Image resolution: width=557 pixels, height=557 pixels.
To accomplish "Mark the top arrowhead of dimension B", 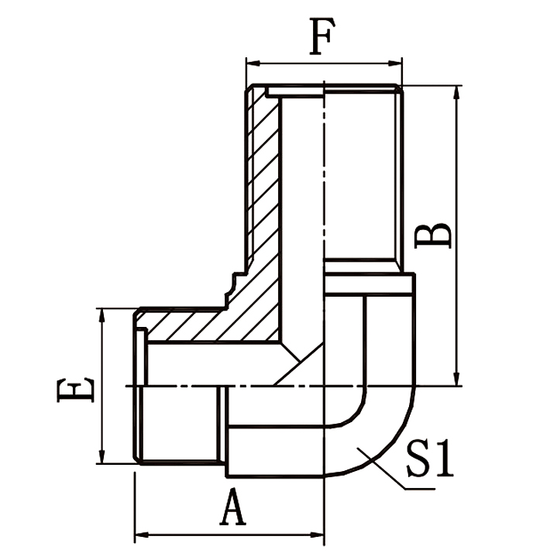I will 455,91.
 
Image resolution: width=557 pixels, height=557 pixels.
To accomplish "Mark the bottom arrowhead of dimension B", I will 455,380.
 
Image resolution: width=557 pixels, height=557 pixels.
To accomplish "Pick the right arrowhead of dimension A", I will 318,534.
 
